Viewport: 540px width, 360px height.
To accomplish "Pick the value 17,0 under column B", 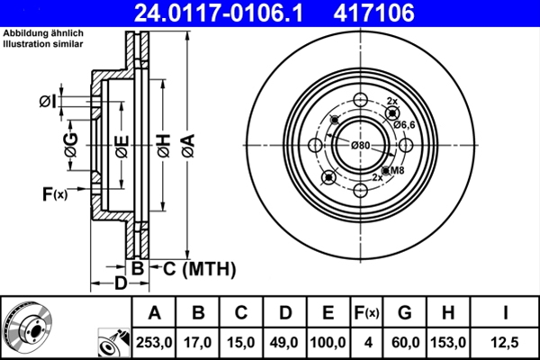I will coord(197,343).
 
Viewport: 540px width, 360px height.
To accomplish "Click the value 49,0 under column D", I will coord(284,343).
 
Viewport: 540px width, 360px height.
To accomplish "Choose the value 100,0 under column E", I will coord(328,343).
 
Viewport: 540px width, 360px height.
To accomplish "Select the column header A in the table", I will coord(154,313).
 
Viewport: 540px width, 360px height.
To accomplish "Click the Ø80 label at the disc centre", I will coord(360,145).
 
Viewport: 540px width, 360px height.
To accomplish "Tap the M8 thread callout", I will coord(395,169).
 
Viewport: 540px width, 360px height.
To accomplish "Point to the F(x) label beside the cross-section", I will coord(55,193).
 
